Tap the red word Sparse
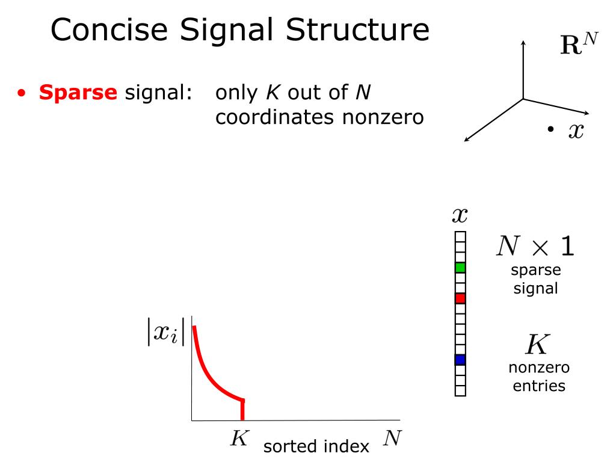coord(78,93)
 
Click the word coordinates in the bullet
coord(274,117)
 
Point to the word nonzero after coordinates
coord(383,117)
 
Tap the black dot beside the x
coord(550,129)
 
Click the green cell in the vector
coord(460,267)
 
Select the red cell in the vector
coord(460,298)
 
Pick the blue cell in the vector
coord(460,360)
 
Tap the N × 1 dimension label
coord(534,247)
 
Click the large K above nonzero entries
coord(537,345)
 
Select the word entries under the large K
coord(539,385)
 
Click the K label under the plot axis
coord(239,438)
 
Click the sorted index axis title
coord(316,446)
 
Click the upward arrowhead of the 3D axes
coord(523,42)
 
